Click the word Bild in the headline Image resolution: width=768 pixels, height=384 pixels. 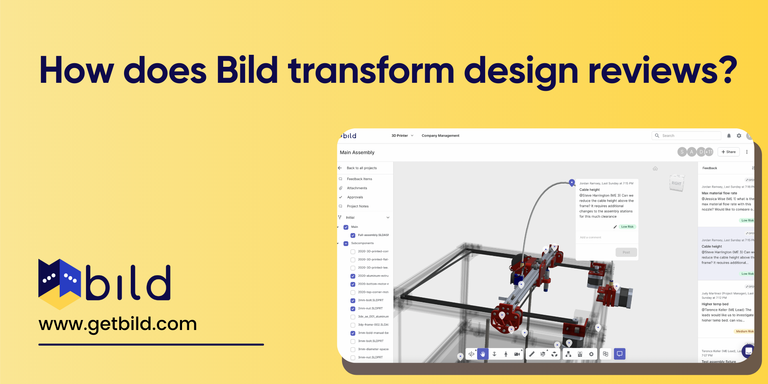point(247,70)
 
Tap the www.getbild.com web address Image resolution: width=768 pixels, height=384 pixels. point(118,324)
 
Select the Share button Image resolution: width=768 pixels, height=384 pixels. point(728,152)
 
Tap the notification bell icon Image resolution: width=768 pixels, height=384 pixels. point(729,136)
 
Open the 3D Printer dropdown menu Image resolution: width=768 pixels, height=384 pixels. point(402,136)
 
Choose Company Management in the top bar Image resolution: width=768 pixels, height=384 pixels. point(440,136)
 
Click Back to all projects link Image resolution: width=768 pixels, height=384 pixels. point(362,168)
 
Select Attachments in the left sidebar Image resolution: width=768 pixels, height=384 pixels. point(357,188)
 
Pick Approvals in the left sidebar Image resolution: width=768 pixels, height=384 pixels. point(355,197)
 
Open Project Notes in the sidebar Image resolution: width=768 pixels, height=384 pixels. point(358,206)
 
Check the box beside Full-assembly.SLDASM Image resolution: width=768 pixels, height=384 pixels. point(353,235)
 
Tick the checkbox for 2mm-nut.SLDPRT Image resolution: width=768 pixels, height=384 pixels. point(353,308)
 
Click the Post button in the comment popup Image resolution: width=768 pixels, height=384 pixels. point(626,252)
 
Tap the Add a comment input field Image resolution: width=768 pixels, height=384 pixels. point(606,238)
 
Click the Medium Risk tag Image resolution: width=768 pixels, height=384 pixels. point(744,331)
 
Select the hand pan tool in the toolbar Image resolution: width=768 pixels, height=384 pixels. point(483,354)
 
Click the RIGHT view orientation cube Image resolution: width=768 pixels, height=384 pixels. point(676,183)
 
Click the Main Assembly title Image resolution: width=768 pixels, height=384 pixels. point(357,152)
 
